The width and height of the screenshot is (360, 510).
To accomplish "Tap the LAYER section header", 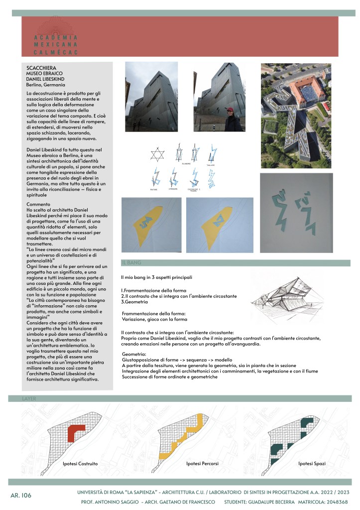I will click(29, 399).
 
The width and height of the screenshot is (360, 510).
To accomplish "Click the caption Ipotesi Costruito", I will click(80, 464).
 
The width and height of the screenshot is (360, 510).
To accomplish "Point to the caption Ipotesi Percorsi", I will click(202, 464).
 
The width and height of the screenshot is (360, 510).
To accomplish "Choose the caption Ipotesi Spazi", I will click(312, 464).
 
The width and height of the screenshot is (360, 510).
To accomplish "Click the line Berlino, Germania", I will click(46, 85).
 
